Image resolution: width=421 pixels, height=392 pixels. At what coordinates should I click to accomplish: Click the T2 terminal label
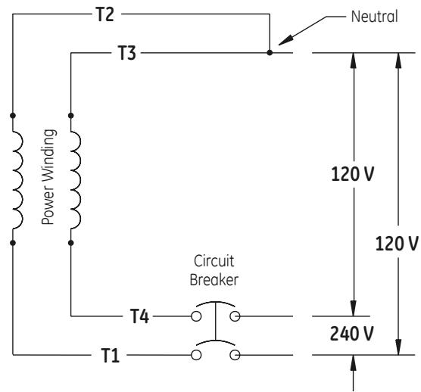point(105,14)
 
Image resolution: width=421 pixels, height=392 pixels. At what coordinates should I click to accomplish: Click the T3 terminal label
point(127,53)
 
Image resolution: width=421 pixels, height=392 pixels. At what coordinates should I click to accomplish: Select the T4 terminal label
point(139,316)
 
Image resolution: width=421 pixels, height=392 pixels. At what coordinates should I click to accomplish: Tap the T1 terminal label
point(110,356)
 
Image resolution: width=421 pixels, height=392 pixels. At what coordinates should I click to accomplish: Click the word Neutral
point(374,17)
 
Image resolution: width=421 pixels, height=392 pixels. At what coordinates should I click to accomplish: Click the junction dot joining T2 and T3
point(270,53)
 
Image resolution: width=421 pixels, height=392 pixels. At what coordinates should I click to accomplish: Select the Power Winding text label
point(49,177)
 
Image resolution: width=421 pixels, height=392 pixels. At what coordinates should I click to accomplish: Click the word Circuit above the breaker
point(214,261)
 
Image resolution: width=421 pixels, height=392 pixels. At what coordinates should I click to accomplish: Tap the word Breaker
point(214,280)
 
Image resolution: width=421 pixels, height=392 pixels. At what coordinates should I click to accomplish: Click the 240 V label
point(351,334)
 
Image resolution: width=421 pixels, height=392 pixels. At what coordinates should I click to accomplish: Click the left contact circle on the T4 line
point(196,316)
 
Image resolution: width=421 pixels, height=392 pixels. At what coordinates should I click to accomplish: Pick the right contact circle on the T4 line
point(235,316)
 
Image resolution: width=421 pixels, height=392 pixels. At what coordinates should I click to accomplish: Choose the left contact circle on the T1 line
point(196,355)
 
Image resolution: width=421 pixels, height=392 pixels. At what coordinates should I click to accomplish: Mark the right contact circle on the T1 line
point(235,355)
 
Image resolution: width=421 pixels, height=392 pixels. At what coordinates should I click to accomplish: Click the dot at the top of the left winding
point(13,116)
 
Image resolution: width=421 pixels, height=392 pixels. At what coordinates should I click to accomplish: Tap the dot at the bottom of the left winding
point(13,243)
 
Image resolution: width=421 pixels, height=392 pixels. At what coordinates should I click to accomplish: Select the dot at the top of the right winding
point(71,116)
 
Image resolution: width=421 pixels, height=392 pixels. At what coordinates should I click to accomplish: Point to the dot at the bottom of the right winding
point(71,243)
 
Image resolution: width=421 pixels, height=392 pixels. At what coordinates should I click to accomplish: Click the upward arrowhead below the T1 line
point(354,362)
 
